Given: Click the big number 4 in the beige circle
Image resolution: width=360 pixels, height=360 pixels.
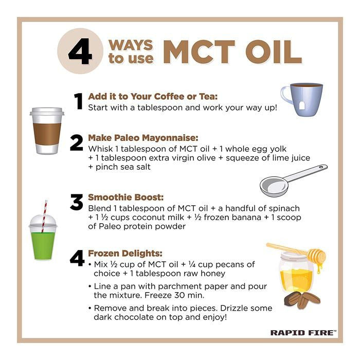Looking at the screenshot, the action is tap(80, 51).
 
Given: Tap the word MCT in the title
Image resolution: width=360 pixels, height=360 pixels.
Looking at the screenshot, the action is tap(199, 52).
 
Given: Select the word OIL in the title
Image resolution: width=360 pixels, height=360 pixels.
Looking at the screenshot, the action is tap(274, 52).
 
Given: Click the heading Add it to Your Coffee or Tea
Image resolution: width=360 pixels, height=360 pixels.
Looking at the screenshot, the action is tap(153, 97).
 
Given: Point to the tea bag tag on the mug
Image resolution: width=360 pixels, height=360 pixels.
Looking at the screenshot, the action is tap(302, 106).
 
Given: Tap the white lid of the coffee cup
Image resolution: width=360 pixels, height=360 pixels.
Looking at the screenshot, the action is tap(47, 112).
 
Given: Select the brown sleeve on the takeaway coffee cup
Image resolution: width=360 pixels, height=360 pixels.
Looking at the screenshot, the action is tap(47, 134).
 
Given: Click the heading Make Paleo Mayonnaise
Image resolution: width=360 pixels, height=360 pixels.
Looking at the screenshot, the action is tap(143, 138).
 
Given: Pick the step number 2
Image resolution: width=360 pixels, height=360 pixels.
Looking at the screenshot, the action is tap(77, 143).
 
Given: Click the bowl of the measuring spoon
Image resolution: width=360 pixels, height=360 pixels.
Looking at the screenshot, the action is tap(274, 187).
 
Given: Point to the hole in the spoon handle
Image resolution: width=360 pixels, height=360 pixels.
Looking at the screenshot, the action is tap(323, 167).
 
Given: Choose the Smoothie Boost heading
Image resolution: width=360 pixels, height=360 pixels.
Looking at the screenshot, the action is tap(126, 197).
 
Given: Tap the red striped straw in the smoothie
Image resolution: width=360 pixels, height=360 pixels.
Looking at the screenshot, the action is tap(44, 217).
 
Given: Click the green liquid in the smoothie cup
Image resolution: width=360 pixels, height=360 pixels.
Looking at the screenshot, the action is tap(43, 246).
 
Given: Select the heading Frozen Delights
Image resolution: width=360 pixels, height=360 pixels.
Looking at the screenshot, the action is tap(125, 253).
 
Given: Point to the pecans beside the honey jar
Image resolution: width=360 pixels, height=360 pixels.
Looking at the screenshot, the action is tap(302, 300).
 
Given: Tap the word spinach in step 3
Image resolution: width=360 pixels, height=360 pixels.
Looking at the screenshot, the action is tap(284, 209).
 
